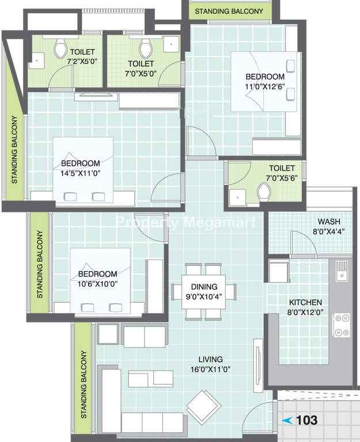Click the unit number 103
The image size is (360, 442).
(307, 420)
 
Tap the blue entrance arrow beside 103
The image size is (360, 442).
(287, 421)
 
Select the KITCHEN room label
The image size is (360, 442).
(305, 303)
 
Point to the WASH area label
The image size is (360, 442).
(329, 222)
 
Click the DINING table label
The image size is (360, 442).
(204, 287)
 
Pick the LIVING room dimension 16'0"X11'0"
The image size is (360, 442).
(210, 369)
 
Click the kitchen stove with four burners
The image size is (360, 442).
(342, 325)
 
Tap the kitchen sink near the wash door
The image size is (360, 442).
(342, 271)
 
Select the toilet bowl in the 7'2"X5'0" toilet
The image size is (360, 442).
(60, 48)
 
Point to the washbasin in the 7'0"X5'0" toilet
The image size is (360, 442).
(171, 44)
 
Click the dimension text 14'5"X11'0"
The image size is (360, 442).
(81, 173)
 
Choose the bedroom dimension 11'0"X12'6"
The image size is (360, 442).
(265, 86)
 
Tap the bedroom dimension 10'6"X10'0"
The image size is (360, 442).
(97, 284)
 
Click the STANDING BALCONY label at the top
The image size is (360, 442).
(229, 12)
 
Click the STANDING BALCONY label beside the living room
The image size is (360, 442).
(84, 384)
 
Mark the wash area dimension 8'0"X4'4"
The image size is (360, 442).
(329, 232)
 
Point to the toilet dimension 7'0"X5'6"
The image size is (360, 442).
(282, 178)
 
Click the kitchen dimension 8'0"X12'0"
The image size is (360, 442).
(305, 313)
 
